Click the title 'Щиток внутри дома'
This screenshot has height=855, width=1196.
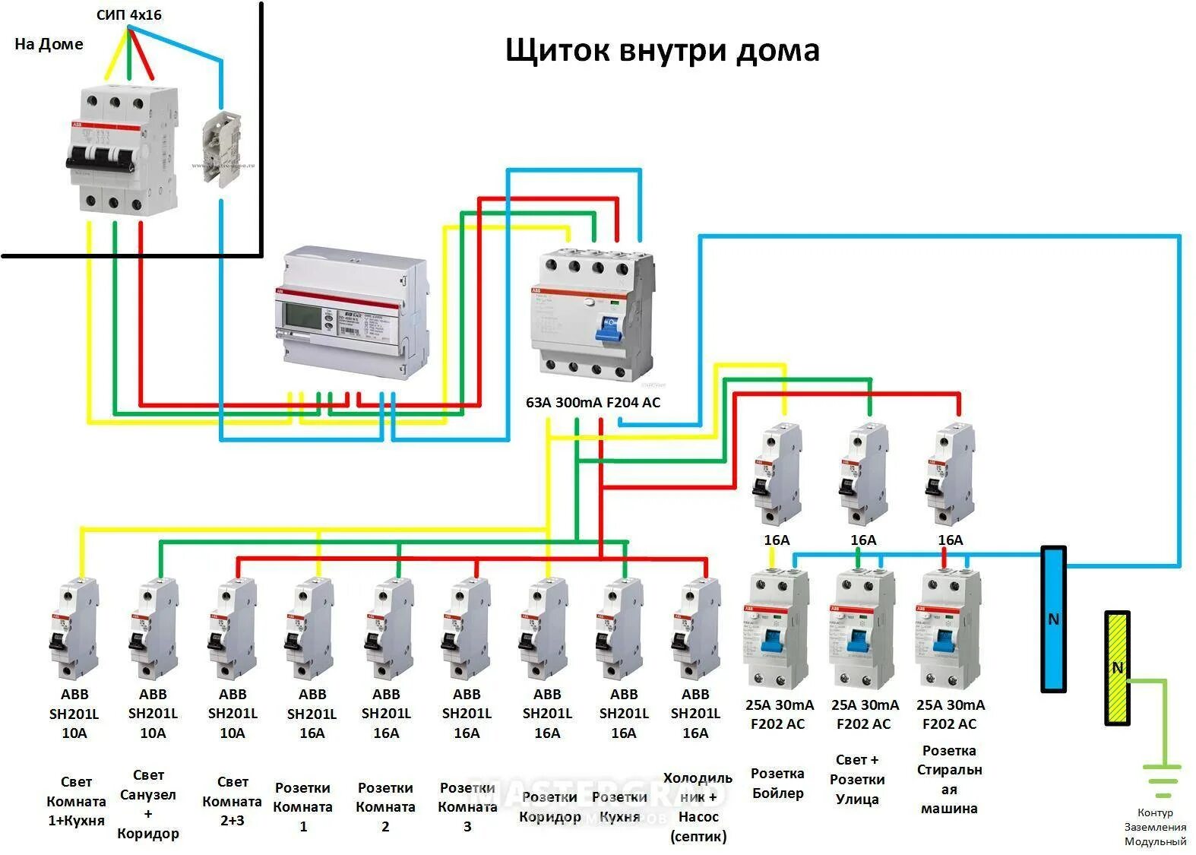point(662,50)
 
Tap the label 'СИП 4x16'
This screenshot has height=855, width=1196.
point(128,14)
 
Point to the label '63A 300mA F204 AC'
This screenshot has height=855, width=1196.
point(593,402)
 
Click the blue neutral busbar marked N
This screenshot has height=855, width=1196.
point(1052,619)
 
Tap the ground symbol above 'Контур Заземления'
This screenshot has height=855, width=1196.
point(1162,780)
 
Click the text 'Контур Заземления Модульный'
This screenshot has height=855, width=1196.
point(1155,827)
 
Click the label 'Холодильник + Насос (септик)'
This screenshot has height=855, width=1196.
point(698,807)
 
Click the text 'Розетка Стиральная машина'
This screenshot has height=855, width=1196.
point(949,779)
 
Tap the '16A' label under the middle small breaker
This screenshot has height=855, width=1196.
point(863,540)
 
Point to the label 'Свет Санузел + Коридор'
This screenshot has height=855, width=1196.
point(148,804)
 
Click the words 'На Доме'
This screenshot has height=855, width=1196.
point(49,44)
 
